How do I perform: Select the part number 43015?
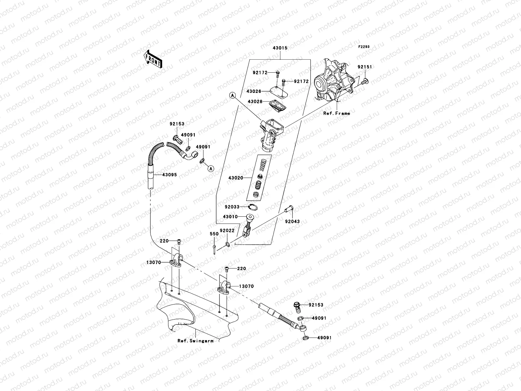pyautogui.click(x=280, y=48)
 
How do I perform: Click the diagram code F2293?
pyautogui.click(x=364, y=47)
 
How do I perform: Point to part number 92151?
pyautogui.click(x=364, y=67)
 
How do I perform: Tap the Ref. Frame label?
pyautogui.click(x=336, y=113)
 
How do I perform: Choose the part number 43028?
pyautogui.click(x=255, y=102)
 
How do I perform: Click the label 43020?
pyautogui.click(x=235, y=178)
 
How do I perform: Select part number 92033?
pyautogui.click(x=232, y=207)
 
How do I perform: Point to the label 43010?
pyautogui.click(x=230, y=217)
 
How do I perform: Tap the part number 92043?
pyautogui.click(x=292, y=222)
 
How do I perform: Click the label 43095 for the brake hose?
pyautogui.click(x=170, y=175)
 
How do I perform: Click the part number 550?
pyautogui.click(x=214, y=234)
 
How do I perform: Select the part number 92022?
pyautogui.click(x=227, y=230)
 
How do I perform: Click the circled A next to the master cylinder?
pyautogui.click(x=232, y=95)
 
